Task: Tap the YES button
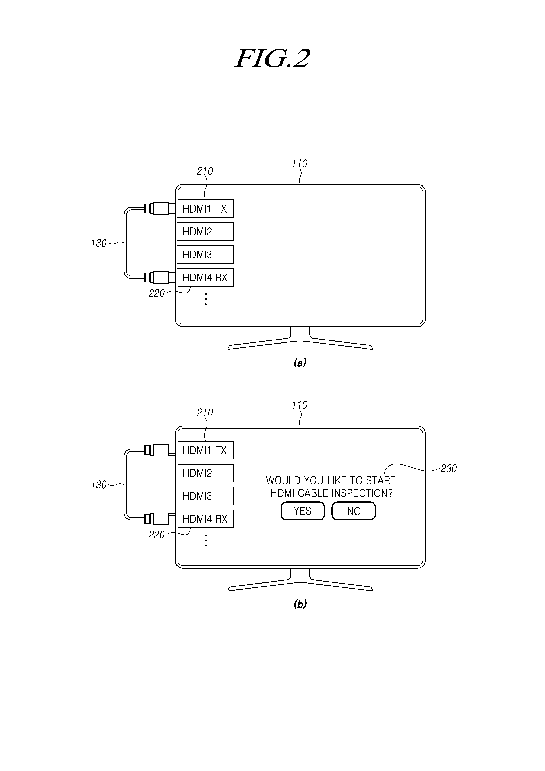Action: click(303, 511)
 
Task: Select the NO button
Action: click(354, 511)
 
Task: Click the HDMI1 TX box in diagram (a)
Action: click(205, 209)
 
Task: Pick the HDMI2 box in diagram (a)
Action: click(205, 231)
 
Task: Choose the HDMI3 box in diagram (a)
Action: click(205, 254)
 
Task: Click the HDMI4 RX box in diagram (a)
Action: click(205, 277)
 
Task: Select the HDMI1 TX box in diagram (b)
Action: click(205, 450)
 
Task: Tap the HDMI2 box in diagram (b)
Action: click(205, 473)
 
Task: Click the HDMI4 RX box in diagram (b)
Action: click(205, 519)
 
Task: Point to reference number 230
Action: click(449, 468)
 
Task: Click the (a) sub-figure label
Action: click(300, 362)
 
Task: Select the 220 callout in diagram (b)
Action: click(156, 535)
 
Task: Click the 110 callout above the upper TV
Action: click(300, 164)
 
